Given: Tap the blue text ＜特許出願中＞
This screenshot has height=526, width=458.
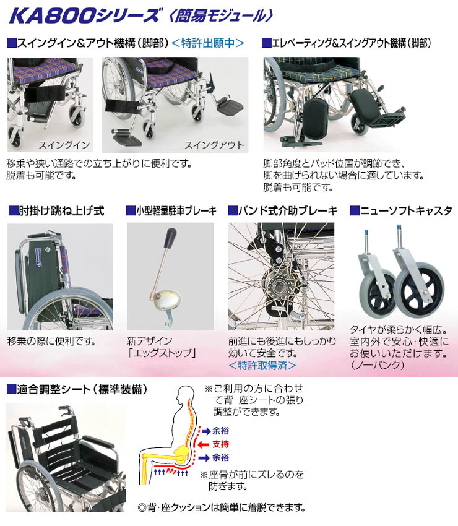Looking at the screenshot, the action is click(208, 43).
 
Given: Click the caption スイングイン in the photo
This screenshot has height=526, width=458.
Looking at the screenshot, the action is click(64, 145).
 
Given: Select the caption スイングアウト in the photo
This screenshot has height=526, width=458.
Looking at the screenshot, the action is click(214, 145).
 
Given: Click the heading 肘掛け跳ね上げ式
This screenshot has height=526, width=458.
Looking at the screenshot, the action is click(61, 211).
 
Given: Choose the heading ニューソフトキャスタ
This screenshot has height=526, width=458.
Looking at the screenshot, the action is click(406, 211).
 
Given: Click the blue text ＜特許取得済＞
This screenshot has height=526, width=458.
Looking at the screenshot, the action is click(262, 365).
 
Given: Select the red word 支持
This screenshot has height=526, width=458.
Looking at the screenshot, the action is click(220, 444).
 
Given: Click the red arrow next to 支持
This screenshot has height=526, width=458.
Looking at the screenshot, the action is click(204, 444).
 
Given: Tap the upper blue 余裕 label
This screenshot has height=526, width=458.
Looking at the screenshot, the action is click(220, 431).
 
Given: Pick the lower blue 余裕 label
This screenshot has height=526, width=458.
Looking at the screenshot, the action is click(220, 457).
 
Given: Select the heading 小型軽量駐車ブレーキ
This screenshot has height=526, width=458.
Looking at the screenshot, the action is click(176, 211).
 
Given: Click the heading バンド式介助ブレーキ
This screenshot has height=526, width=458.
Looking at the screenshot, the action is click(288, 211).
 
